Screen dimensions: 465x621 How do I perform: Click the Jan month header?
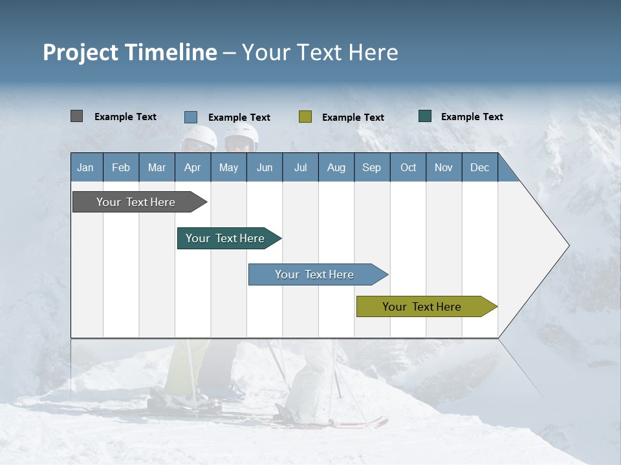tap(86, 167)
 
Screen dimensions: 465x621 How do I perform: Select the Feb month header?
tap(121, 167)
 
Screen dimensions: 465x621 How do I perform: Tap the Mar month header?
tap(157, 167)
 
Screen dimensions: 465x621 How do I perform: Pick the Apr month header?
tap(193, 167)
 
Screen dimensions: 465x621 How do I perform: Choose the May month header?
tap(228, 167)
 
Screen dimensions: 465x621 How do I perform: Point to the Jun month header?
tap(265, 167)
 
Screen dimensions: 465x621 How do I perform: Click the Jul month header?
tap(300, 167)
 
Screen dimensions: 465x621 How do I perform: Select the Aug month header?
tap(336, 167)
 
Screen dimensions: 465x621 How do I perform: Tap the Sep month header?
tap(372, 167)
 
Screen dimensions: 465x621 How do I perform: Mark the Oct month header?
tap(408, 167)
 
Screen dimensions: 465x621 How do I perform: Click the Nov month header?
tap(444, 167)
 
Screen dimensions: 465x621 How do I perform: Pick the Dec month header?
tap(480, 167)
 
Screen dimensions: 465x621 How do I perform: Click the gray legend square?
tap(76, 116)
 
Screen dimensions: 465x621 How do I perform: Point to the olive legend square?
tap(305, 117)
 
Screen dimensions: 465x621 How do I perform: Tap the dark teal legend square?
tap(425, 116)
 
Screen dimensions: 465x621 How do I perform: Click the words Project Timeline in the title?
tap(130, 52)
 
